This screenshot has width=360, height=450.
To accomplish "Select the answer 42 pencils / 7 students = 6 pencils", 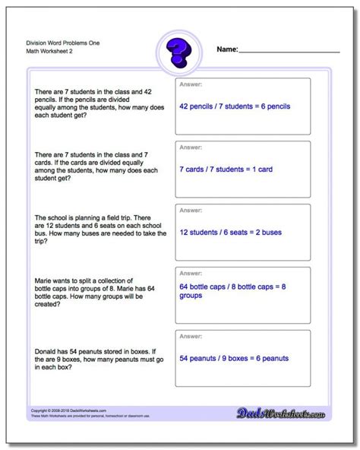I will tap(239, 106).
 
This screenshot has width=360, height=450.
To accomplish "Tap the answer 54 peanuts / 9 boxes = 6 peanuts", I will tap(238, 357).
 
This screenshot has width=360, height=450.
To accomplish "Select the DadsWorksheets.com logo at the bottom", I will tap(287, 430).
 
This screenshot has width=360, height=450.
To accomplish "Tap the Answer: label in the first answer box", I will tap(191, 84).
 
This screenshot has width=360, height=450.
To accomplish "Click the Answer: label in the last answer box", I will tap(191, 335).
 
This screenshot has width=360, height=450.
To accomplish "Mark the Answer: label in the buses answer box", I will tap(191, 210).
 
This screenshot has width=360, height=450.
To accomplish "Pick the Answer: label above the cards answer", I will tap(191, 147).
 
